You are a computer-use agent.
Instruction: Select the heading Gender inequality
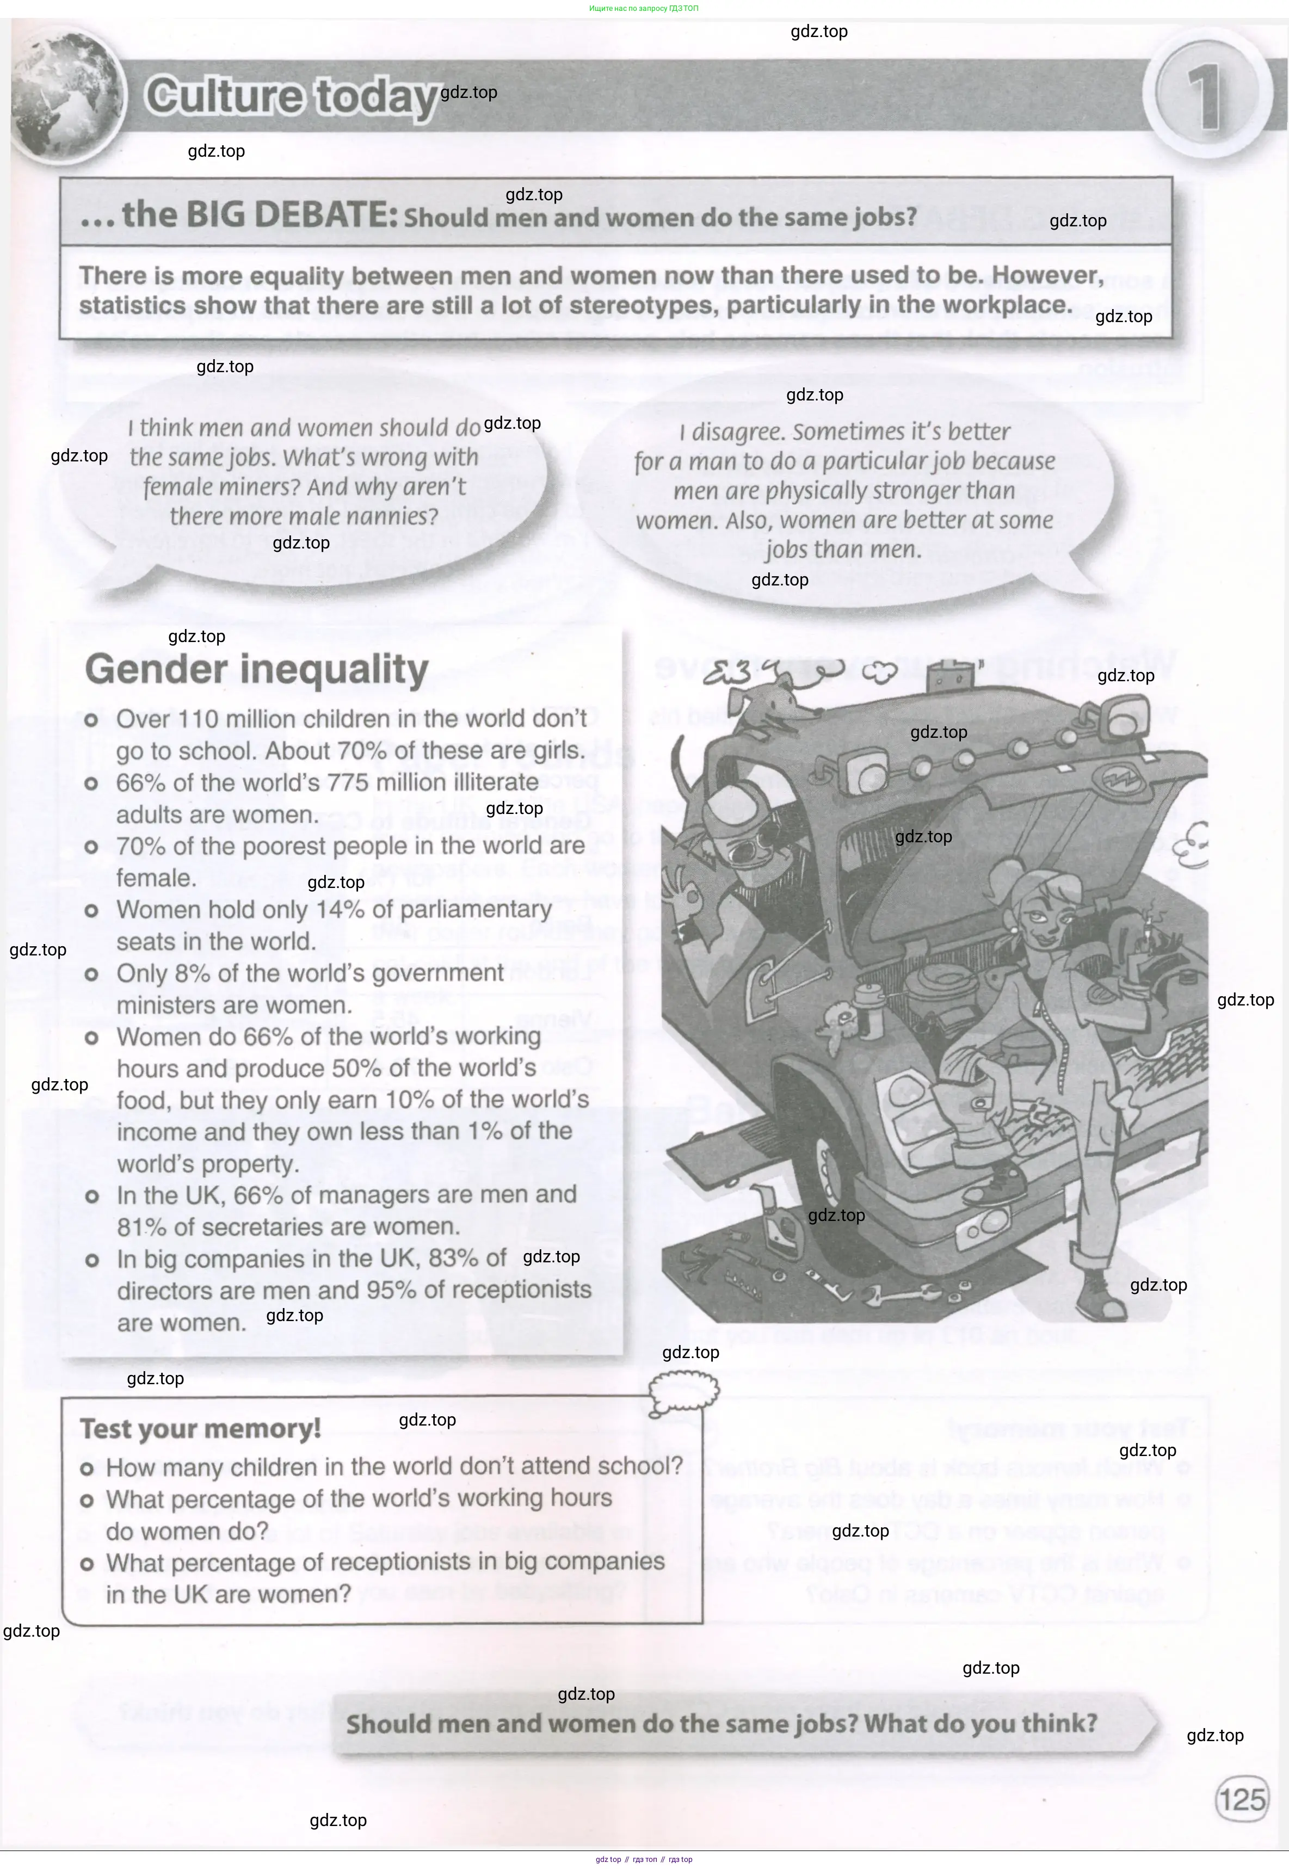[x=257, y=670]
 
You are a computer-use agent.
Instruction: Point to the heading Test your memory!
[x=200, y=1429]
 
